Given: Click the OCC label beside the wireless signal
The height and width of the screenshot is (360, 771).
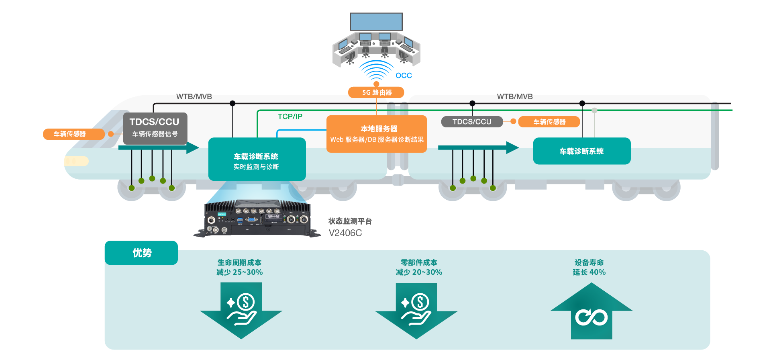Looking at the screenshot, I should tap(404, 76).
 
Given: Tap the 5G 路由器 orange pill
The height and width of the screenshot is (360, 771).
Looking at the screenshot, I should tap(376, 92).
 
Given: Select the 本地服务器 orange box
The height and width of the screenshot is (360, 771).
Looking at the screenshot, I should tap(377, 134).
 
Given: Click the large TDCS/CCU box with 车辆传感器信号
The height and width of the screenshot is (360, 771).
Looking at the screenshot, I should tap(155, 128).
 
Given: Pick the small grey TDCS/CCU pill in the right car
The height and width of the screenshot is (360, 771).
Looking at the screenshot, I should tap(472, 122).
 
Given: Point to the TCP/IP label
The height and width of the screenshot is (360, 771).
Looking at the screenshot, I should tap(290, 117).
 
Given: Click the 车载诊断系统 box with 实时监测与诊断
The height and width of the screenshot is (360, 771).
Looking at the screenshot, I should tap(257, 160).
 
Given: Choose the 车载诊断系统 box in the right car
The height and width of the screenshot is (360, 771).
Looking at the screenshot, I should tap(581, 151).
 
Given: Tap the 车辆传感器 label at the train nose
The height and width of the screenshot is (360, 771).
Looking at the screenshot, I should tap(69, 134).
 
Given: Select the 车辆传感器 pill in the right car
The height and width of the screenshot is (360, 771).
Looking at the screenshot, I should tap(549, 122).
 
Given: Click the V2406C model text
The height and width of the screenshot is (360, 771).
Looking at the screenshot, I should tap(345, 233).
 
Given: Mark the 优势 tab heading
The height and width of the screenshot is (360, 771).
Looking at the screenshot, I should tap(142, 253).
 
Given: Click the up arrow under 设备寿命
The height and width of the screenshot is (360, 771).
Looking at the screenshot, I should tap(592, 311).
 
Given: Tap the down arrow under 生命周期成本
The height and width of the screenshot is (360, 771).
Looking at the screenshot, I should tap(241, 309).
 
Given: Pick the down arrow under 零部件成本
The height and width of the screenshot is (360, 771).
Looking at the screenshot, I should tap(416, 309).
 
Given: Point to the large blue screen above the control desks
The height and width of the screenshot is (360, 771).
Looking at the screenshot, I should tap(376, 21).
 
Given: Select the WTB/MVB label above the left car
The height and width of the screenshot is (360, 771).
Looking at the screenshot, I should tap(194, 97).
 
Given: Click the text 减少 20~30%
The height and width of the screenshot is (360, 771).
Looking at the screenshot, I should tap(419, 272).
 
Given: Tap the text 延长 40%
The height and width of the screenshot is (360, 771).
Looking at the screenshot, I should tap(589, 272).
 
